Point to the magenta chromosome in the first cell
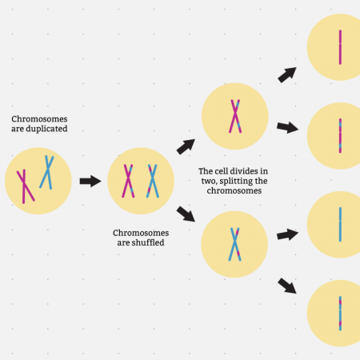(x=24, y=186)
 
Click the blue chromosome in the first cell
(x=48, y=172)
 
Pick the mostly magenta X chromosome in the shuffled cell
(x=128, y=181)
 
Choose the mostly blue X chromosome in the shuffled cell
(x=153, y=181)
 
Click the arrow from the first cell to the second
(x=90, y=181)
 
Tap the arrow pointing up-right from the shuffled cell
(x=186, y=146)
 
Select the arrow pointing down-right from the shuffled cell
(x=186, y=214)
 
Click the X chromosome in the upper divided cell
(x=235, y=116)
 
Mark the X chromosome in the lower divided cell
(x=235, y=244)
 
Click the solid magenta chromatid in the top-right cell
(x=340, y=47)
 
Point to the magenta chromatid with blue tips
(x=340, y=136)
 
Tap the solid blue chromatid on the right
(x=340, y=225)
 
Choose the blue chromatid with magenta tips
(x=340, y=314)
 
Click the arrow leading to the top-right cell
(x=287, y=75)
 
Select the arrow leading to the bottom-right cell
(x=287, y=286)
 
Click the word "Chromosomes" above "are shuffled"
(x=141, y=233)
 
